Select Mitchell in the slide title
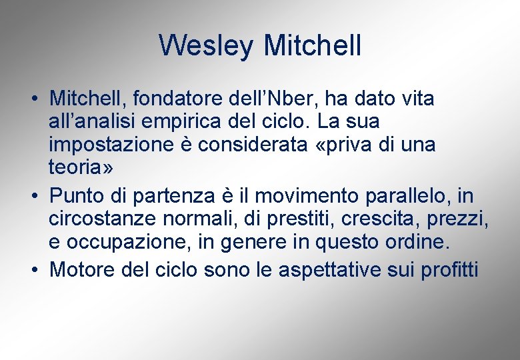click(x=313, y=46)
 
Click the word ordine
click(x=415, y=242)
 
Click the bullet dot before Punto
click(x=33, y=196)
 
